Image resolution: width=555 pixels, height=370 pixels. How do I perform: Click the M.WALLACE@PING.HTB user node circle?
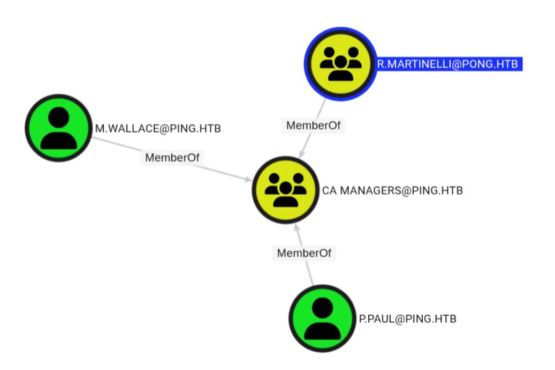point(58,128)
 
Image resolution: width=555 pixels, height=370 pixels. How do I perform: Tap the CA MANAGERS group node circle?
point(286,190)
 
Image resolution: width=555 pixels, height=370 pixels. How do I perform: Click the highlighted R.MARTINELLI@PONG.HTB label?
point(447,64)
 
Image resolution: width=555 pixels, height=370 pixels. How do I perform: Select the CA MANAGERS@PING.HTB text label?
point(392,190)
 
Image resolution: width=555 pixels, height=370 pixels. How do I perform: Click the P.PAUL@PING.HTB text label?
point(408,319)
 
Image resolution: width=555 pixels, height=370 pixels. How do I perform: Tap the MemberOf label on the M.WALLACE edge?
point(172,158)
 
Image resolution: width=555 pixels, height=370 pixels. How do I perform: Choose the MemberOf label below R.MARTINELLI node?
point(314,125)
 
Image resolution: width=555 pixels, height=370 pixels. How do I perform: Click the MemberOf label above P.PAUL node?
point(304,253)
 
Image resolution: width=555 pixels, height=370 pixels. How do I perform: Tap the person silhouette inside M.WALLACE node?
point(58,129)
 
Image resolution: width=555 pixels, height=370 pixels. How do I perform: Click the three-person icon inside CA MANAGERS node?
point(286,190)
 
